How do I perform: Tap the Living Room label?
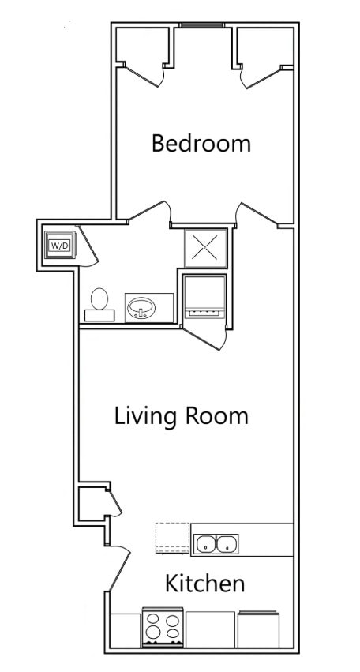tap(182, 415)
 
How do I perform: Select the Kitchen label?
tap(204, 584)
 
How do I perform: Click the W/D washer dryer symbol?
tap(59, 245)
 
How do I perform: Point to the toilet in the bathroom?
tap(99, 301)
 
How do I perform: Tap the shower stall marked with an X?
tap(205, 248)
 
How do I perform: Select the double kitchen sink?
tap(216, 544)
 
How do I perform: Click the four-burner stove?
tap(163, 626)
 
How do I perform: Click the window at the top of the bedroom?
tap(201, 25)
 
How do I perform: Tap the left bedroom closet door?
tap(143, 76)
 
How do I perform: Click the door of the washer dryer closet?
tap(88, 245)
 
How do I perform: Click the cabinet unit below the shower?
tap(204, 296)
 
